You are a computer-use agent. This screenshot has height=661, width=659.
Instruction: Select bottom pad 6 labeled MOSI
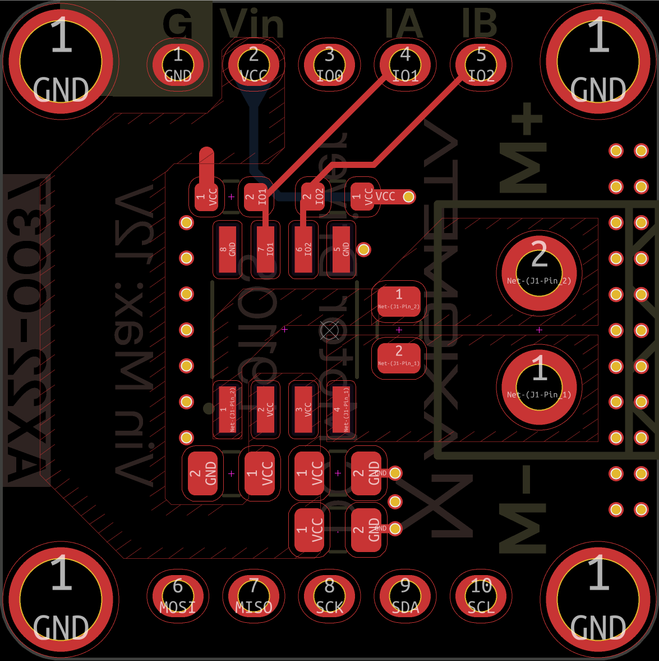click(x=178, y=596)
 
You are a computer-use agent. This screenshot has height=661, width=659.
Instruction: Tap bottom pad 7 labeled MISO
click(x=254, y=596)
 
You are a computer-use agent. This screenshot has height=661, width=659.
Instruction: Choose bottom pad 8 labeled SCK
click(x=329, y=596)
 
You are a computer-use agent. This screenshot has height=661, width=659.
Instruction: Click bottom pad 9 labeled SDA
click(x=405, y=596)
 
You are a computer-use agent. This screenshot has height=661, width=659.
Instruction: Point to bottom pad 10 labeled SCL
click(x=481, y=596)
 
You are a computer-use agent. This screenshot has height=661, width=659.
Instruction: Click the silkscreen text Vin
click(x=252, y=24)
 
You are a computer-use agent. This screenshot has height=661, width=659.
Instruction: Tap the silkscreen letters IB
click(x=480, y=24)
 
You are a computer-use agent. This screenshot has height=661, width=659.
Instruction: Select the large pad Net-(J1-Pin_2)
click(x=539, y=272)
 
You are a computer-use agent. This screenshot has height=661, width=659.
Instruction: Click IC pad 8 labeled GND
click(x=228, y=249)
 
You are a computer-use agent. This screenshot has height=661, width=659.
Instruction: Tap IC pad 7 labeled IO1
click(x=265, y=249)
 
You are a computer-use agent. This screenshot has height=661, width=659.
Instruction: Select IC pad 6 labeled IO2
click(x=303, y=249)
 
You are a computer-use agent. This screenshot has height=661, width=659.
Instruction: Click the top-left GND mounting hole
click(x=61, y=61)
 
